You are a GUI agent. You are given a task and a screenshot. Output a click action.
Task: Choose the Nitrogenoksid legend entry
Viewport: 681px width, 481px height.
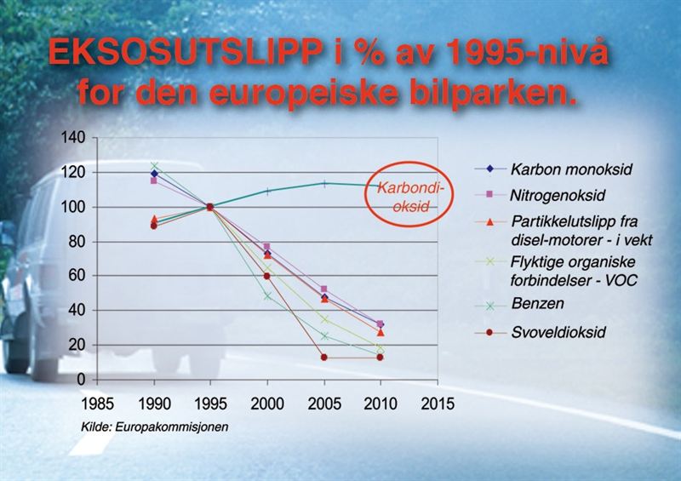coord(555,196)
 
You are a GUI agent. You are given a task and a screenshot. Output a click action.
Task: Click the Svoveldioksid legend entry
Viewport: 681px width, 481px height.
coord(558,332)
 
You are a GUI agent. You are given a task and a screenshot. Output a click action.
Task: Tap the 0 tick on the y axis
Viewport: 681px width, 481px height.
coord(83,378)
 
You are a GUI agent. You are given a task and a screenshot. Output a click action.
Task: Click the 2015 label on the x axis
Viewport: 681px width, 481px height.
coord(437,399)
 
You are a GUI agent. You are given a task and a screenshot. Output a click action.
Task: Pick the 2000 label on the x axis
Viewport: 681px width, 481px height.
coord(267,399)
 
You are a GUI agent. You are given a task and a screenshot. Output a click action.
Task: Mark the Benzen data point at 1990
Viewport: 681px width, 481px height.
coord(154,167)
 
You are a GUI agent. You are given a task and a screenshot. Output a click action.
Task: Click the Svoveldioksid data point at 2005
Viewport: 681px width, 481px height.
coord(323,357)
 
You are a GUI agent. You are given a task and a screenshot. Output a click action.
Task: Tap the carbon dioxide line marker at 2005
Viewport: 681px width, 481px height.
coord(323,183)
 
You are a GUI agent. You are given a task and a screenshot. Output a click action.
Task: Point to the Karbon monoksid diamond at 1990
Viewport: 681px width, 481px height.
coord(154,174)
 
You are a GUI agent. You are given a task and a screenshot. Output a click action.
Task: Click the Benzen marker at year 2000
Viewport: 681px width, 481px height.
coord(267,295)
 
